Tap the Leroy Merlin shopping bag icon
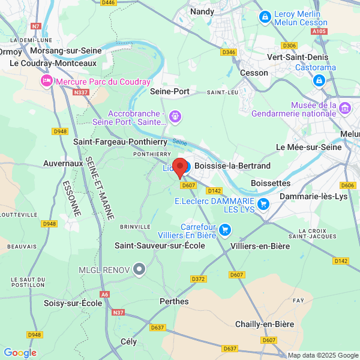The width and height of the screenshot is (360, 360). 264,17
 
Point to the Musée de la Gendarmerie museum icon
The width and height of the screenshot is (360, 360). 345,109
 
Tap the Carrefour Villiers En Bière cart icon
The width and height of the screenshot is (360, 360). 225,229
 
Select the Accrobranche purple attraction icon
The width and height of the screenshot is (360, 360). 175,115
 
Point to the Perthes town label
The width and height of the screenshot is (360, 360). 174,301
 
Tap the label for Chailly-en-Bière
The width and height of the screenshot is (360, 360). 265,324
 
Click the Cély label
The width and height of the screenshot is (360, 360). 128,341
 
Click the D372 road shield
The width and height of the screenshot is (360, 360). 198,279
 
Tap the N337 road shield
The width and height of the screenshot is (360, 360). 80,92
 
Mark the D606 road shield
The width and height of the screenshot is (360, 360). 347,185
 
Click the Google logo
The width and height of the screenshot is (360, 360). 20,353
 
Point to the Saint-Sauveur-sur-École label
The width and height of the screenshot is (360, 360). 160,245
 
